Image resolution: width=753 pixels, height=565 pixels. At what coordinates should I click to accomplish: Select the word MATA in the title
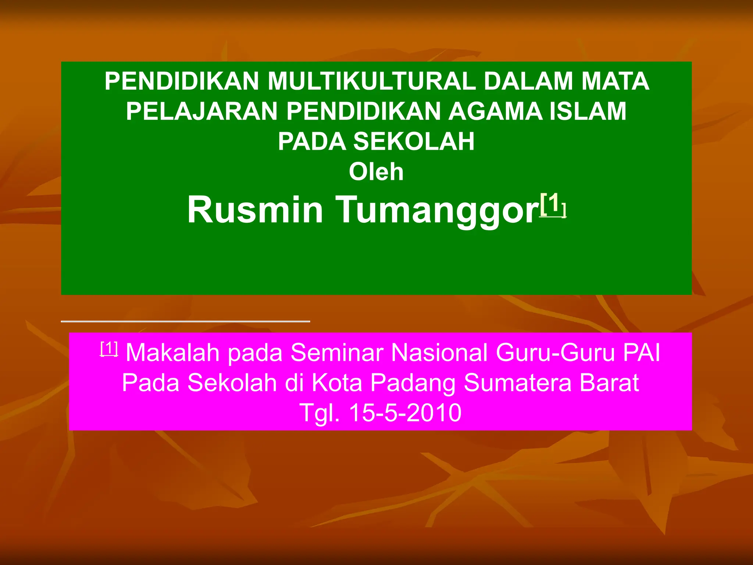615,81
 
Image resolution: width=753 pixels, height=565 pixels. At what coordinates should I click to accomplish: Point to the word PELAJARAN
201,111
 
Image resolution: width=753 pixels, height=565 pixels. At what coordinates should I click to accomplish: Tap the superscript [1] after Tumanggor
553,205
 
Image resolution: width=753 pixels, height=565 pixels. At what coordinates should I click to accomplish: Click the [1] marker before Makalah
109,348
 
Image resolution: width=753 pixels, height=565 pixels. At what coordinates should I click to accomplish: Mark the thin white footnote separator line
185,321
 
